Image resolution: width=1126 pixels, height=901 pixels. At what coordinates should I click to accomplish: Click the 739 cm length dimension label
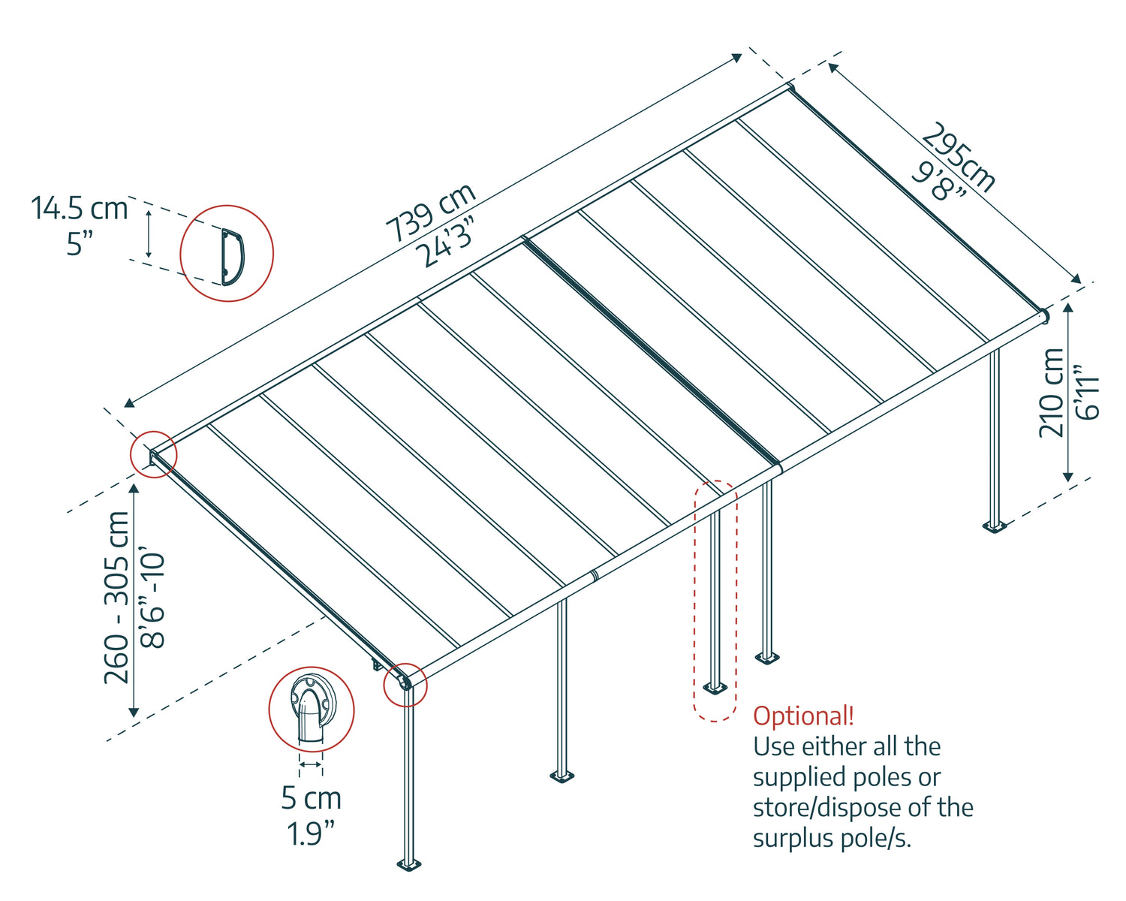431,212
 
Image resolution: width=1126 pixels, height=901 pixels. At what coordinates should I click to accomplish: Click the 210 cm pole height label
1051,393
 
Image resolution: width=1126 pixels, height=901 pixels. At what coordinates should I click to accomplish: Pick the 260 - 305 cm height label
116,598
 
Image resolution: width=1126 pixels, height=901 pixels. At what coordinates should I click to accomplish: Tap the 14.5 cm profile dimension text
79,208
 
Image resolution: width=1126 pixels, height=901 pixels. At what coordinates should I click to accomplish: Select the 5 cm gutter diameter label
312,798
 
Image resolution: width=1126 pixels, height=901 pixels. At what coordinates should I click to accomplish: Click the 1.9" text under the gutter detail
311,834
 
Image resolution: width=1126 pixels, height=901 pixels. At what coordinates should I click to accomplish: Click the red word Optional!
803,716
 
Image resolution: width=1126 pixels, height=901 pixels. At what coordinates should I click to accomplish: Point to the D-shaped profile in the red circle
232,257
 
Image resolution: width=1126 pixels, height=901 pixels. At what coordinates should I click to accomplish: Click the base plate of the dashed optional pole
715,688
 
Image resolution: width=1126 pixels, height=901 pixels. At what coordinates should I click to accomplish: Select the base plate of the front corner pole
408,864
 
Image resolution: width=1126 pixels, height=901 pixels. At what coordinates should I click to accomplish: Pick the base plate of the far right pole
995,526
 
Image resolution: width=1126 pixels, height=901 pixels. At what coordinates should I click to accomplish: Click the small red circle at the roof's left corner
154,454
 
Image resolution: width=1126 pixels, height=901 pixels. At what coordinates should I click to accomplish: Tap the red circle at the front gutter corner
405,685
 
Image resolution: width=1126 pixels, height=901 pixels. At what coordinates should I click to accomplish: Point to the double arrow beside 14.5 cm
149,234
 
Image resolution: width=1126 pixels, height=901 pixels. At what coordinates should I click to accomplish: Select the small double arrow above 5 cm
311,765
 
